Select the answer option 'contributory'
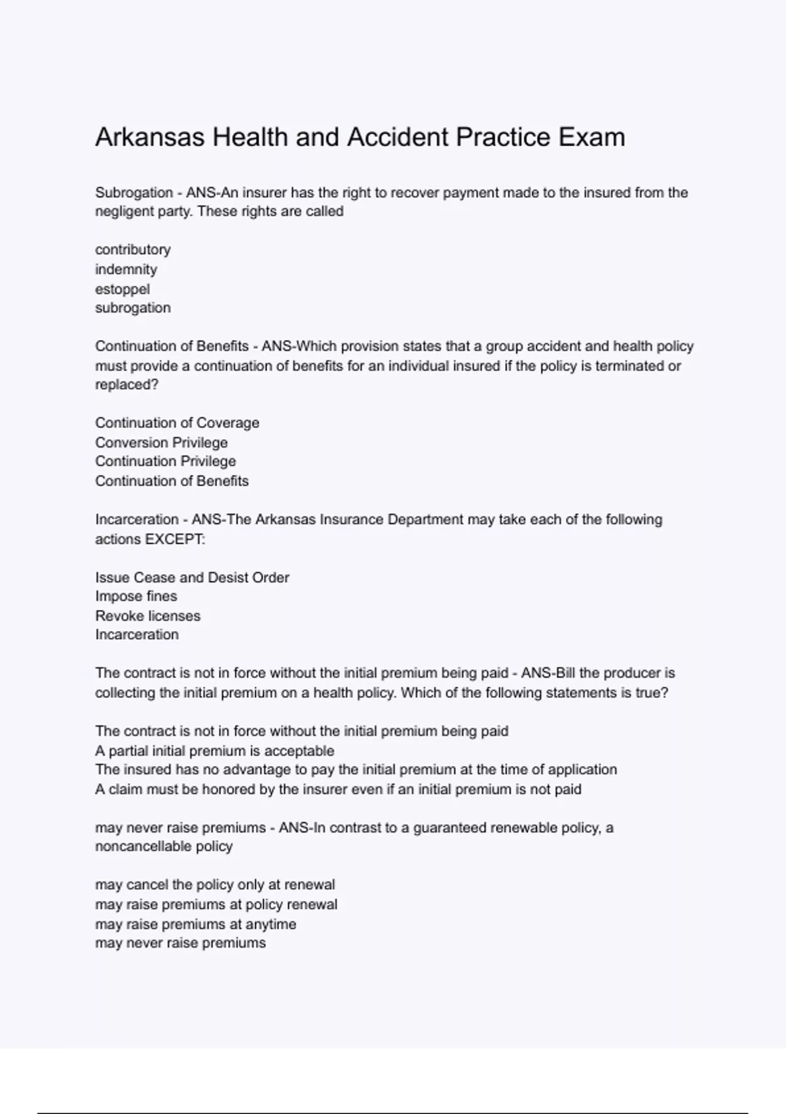(x=133, y=250)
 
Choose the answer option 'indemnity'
(x=126, y=269)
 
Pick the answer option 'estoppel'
(x=122, y=289)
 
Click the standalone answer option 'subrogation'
(x=133, y=308)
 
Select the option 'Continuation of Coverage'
(x=178, y=423)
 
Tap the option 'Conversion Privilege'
(x=162, y=442)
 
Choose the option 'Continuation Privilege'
(x=166, y=461)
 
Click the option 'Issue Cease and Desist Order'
(x=193, y=577)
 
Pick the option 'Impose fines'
(x=136, y=596)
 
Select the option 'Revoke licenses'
(x=148, y=616)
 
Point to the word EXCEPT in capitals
(x=175, y=539)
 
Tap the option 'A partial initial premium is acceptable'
(x=215, y=751)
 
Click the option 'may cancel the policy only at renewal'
(x=215, y=885)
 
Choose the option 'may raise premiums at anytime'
(x=196, y=924)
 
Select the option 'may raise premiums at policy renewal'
(x=216, y=904)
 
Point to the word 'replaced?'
(x=127, y=385)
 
